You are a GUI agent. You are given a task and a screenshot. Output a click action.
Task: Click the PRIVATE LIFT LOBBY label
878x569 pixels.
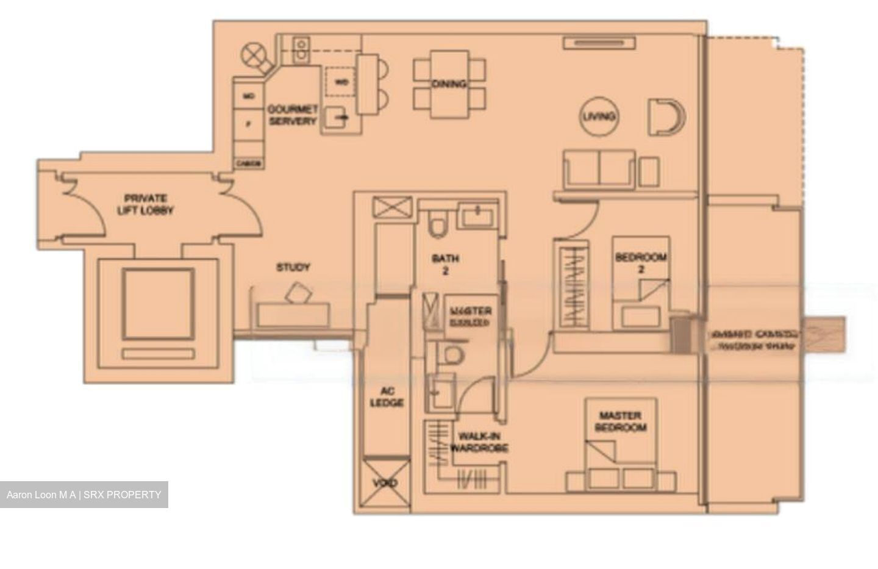pyautogui.click(x=149, y=205)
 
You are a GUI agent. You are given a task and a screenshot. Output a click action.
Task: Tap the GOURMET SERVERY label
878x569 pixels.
pyautogui.click(x=293, y=115)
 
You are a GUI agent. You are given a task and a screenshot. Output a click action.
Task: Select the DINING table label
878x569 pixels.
pyautogui.click(x=449, y=84)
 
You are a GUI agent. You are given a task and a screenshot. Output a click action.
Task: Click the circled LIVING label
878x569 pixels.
pyautogui.click(x=599, y=116)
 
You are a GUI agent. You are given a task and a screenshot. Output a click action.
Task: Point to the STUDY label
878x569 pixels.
pyautogui.click(x=293, y=267)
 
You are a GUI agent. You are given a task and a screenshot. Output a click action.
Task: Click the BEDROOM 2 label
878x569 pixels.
pyautogui.click(x=640, y=263)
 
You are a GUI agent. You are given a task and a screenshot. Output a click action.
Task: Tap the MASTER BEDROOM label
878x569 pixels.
pyautogui.click(x=620, y=421)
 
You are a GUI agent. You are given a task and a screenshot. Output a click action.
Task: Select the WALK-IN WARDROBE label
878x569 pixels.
pyautogui.click(x=479, y=442)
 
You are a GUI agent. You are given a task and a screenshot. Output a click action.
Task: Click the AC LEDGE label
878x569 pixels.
pyautogui.click(x=387, y=397)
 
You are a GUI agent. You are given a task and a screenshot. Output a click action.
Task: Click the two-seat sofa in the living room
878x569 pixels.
pyautogui.click(x=599, y=169)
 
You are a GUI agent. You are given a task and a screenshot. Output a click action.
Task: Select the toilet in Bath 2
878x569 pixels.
pyautogui.click(x=437, y=224)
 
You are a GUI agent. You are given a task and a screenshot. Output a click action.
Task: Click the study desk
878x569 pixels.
pyautogui.click(x=293, y=314)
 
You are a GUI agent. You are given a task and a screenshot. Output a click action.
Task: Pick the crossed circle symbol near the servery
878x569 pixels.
pyautogui.click(x=254, y=57)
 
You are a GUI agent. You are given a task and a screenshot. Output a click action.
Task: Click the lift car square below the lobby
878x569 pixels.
pyautogui.click(x=159, y=304)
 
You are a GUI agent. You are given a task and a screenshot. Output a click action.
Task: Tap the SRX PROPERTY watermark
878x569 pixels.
pyautogui.click(x=84, y=495)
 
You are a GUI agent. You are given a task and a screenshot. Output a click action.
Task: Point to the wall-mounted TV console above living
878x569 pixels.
pyautogui.click(x=599, y=43)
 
